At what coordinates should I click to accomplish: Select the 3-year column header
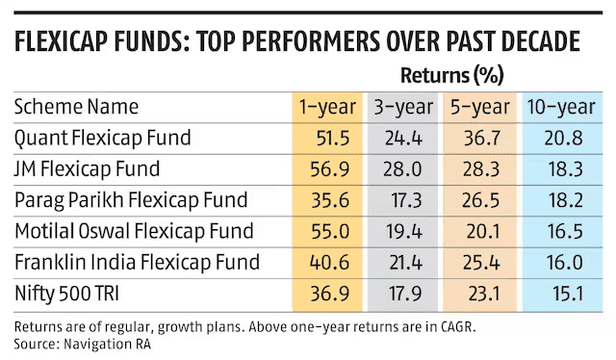click(x=404, y=106)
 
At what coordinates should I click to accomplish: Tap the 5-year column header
click(x=481, y=106)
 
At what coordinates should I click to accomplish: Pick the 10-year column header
click(x=562, y=106)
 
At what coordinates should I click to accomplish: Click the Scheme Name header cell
click(x=76, y=106)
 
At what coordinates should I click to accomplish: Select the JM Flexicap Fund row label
click(x=88, y=168)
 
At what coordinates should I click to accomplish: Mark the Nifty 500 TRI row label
click(x=69, y=293)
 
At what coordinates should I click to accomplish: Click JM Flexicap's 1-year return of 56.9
click(x=329, y=168)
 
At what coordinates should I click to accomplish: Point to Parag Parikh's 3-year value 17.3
click(x=405, y=200)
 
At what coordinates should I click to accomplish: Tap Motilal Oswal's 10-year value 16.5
click(x=563, y=231)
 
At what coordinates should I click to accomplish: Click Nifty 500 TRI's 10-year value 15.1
click(x=563, y=293)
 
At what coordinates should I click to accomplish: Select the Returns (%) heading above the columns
click(x=451, y=74)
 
